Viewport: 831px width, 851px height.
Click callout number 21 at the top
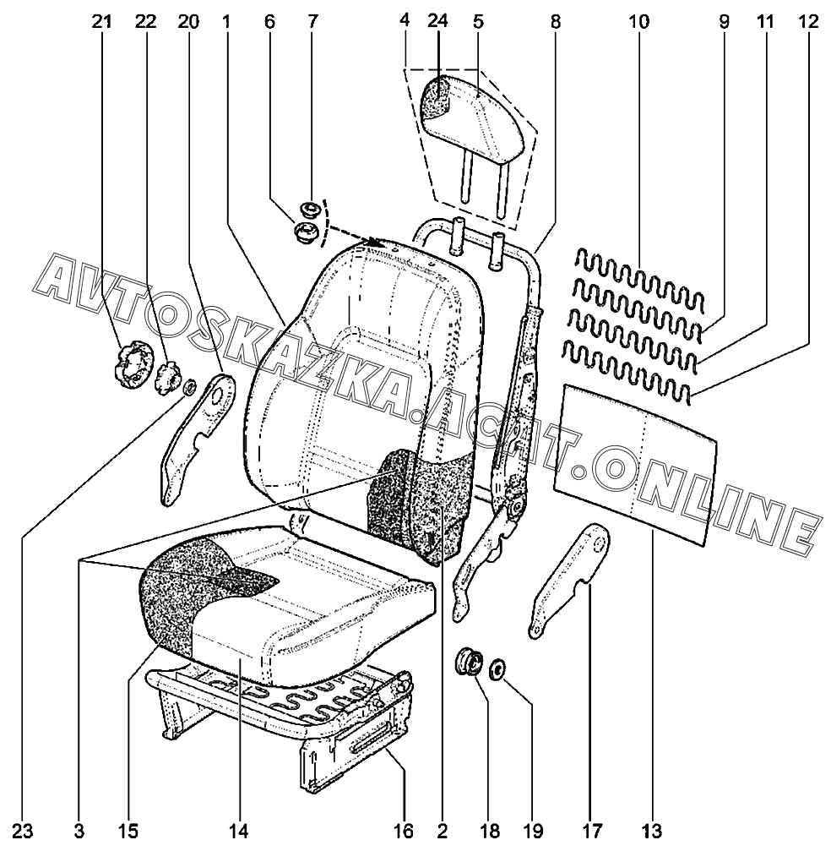click(x=102, y=23)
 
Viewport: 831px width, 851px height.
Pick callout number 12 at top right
click(x=807, y=23)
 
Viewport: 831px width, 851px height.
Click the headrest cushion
click(x=477, y=118)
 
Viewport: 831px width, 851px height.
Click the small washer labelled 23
click(x=190, y=387)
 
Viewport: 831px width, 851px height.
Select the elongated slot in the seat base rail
click(x=372, y=741)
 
